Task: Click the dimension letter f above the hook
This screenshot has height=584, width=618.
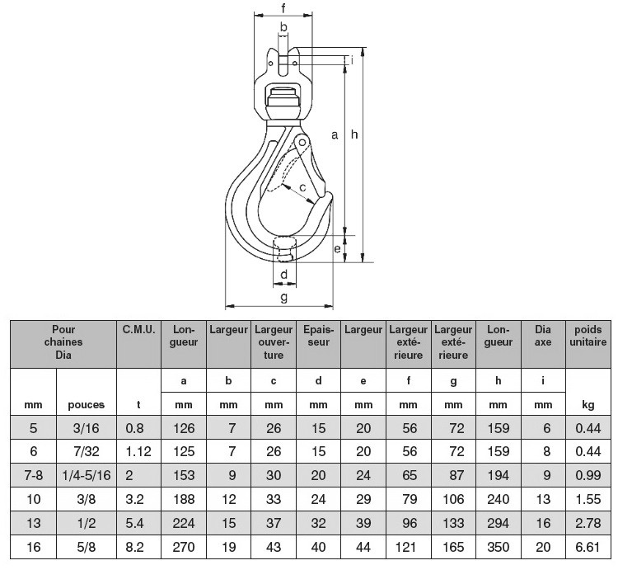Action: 283,7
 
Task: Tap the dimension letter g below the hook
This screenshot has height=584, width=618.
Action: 283,297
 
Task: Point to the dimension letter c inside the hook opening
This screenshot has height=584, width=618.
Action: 302,187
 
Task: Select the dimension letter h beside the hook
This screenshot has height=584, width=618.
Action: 354,134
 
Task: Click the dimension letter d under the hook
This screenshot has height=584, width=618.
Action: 283,274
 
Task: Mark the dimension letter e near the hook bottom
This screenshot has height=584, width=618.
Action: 337,248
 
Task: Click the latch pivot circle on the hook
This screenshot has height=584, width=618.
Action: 302,142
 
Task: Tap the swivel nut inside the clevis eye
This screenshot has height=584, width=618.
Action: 282,97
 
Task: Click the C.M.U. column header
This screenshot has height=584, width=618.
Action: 138,329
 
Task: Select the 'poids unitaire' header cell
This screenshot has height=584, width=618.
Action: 588,336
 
